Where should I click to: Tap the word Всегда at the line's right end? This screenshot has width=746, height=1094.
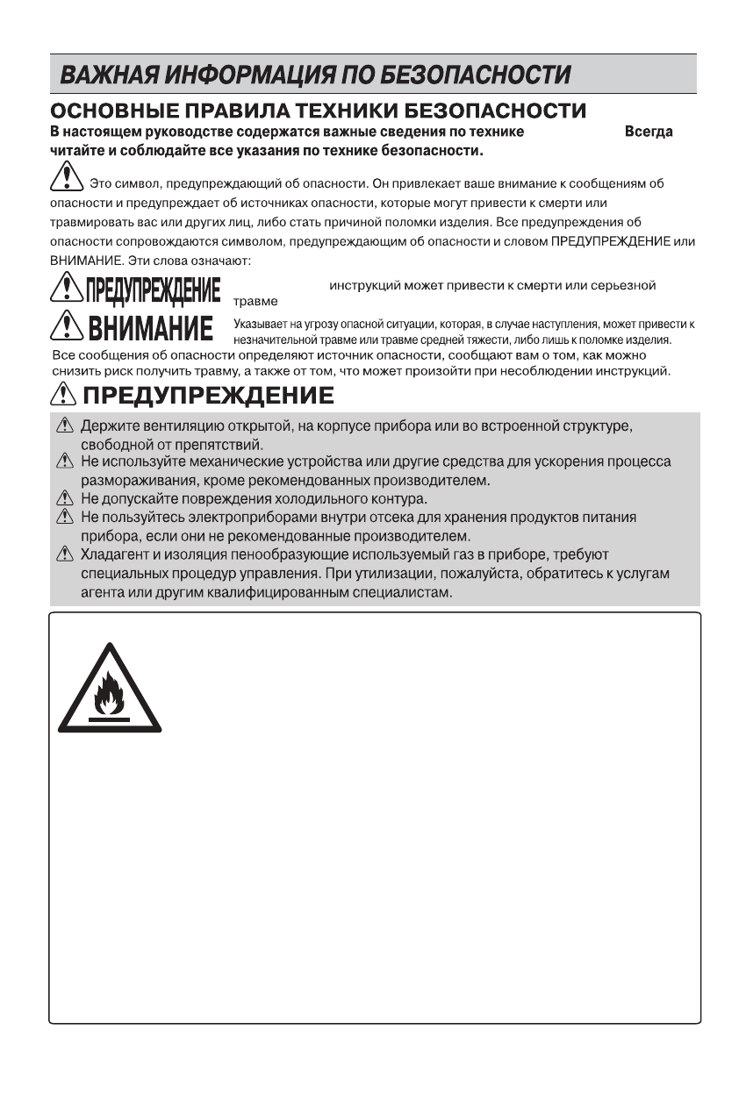click(x=649, y=132)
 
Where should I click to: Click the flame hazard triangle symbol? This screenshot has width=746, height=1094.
click(x=110, y=690)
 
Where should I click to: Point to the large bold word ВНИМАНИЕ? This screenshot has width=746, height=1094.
click(x=151, y=330)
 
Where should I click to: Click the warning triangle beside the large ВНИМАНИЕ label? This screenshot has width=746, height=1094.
click(x=65, y=329)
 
